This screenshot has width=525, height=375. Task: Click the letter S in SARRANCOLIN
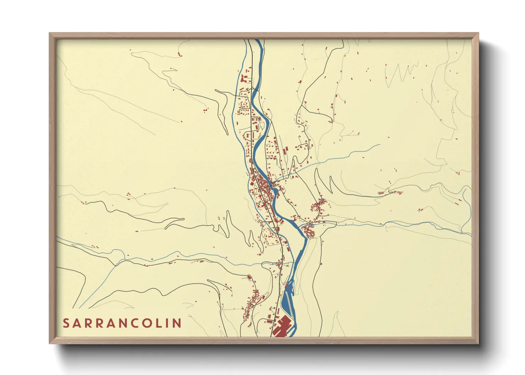point(66,323)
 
